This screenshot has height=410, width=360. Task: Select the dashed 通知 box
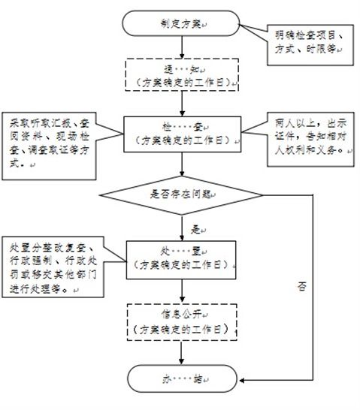pos(180,73)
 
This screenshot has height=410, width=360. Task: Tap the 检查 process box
pos(180,133)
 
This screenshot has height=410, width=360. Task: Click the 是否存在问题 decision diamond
pos(180,194)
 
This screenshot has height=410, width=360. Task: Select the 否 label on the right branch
pos(303,286)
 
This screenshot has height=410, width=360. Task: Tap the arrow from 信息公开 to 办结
pos(180,352)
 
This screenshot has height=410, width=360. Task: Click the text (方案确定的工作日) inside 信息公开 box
pos(180,329)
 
